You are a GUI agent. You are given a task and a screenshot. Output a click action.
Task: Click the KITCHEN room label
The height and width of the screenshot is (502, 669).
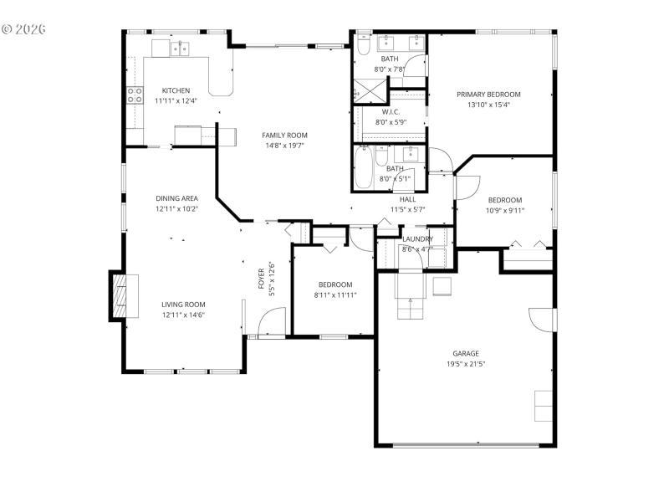click(176, 90)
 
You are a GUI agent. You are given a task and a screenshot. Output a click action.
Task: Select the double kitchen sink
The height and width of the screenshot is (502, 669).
click(181, 49)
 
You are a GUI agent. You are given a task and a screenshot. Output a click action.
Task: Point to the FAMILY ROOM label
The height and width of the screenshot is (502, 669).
click(284, 136)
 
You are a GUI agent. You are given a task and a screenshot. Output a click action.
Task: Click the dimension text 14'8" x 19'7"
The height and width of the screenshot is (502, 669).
click(284, 146)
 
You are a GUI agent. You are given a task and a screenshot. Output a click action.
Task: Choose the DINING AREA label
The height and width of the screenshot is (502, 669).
click(176, 198)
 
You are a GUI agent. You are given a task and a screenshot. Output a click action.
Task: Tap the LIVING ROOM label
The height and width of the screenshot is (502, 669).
click(183, 305)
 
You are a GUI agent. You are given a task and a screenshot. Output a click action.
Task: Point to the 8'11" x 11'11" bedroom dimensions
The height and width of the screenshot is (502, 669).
click(334, 295)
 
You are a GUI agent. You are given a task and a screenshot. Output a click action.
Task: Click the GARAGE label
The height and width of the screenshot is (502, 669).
click(466, 353)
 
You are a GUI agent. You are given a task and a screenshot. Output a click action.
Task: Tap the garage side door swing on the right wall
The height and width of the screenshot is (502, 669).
click(540, 320)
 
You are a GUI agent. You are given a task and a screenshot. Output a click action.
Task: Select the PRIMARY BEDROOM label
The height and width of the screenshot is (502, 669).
click(488, 95)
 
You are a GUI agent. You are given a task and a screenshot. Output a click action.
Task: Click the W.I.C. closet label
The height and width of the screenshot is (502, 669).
click(391, 112)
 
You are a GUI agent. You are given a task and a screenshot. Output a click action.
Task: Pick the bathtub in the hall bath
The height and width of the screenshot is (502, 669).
click(365, 168)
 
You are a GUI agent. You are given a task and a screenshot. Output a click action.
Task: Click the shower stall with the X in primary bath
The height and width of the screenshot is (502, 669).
click(365, 89)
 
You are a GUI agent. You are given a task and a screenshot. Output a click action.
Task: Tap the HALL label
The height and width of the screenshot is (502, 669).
click(407, 199)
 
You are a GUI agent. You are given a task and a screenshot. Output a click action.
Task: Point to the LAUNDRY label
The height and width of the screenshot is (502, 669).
click(416, 238)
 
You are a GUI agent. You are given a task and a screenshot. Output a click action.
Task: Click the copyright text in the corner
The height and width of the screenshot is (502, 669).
click(23, 28)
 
